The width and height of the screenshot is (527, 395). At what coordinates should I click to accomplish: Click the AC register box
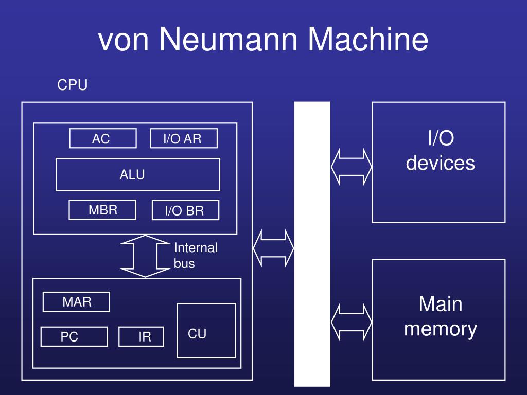[x=103, y=138]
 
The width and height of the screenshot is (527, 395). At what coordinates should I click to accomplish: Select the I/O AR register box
[x=184, y=138]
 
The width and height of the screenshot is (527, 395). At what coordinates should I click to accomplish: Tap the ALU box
[x=138, y=174]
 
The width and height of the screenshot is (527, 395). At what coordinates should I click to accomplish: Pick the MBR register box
[x=102, y=210]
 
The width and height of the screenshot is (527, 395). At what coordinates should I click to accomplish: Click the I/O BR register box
[x=185, y=210]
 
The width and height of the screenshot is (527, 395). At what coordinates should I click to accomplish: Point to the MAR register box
[x=76, y=301]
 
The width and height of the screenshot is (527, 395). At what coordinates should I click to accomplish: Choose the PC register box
[x=74, y=336]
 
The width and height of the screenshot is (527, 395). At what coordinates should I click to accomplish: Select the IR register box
[x=141, y=336]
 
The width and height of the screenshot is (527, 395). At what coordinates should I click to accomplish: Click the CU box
[x=206, y=331]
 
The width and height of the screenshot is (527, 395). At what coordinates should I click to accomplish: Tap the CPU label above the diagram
[x=72, y=85]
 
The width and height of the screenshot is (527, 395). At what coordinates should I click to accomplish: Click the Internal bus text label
[x=196, y=255]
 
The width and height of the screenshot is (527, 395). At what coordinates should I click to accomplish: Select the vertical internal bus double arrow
[x=145, y=256]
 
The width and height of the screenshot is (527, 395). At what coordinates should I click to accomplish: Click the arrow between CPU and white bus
[x=273, y=248]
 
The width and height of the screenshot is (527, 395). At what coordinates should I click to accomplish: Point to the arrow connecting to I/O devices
[x=351, y=167]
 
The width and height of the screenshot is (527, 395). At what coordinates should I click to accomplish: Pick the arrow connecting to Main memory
[x=351, y=322]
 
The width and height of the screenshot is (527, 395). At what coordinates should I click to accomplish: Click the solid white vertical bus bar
[x=312, y=244]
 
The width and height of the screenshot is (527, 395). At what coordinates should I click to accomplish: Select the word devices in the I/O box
[x=441, y=163]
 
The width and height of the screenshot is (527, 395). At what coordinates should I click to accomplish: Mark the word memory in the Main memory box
[x=441, y=329]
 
